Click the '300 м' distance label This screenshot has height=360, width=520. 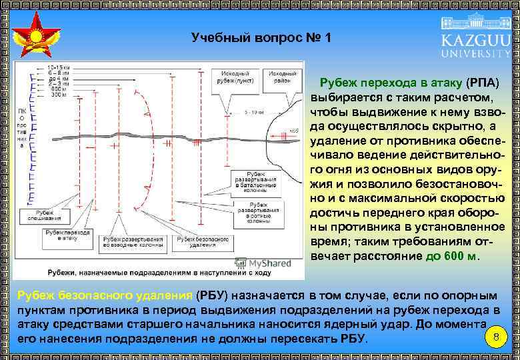pyautogui.click(x=59, y=95)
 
